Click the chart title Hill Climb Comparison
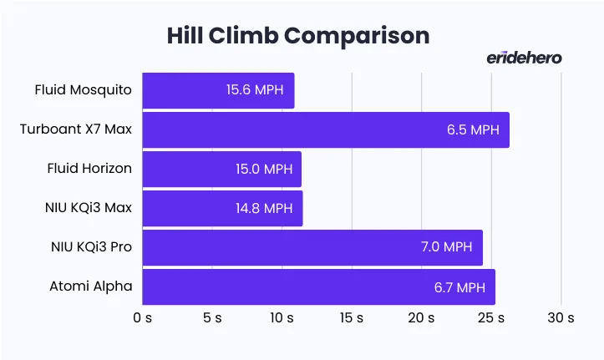[297, 35]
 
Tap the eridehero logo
[524, 57]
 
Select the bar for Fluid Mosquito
[217, 90]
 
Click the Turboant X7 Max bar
[325, 129]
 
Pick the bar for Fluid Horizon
[221, 169]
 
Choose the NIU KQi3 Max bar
[222, 208]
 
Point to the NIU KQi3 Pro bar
[312, 247]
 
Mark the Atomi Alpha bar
[318, 286]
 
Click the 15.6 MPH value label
[255, 90]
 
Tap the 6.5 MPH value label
[471, 129]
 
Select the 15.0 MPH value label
[263, 169]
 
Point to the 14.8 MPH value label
[264, 208]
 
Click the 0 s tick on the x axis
[142, 318]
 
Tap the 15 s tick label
[351, 318]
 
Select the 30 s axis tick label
[561, 318]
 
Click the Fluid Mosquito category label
[83, 90]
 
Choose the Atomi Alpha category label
[90, 286]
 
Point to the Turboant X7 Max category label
[76, 129]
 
